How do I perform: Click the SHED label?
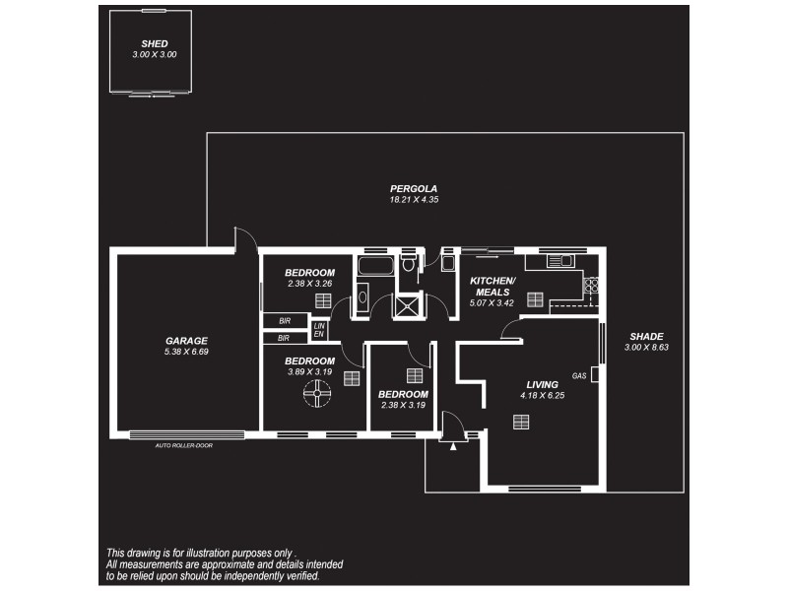coord(154,44)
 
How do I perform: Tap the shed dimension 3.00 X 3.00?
coord(154,55)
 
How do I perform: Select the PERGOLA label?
coord(413,188)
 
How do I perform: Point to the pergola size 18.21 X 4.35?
coord(413,200)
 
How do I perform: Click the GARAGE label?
coord(186,341)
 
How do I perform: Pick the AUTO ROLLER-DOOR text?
coord(183,445)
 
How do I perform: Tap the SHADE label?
coord(647,336)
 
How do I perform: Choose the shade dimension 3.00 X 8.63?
coord(647,348)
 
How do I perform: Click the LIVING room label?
coord(542,384)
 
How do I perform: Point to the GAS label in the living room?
coord(579,376)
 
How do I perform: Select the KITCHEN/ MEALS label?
coord(491,286)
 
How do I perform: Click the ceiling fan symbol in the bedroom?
coord(317,396)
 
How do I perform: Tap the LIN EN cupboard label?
coord(318,331)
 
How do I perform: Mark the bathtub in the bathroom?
coord(374,267)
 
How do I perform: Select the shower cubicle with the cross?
coord(406,305)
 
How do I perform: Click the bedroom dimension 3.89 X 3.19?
coord(310,372)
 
